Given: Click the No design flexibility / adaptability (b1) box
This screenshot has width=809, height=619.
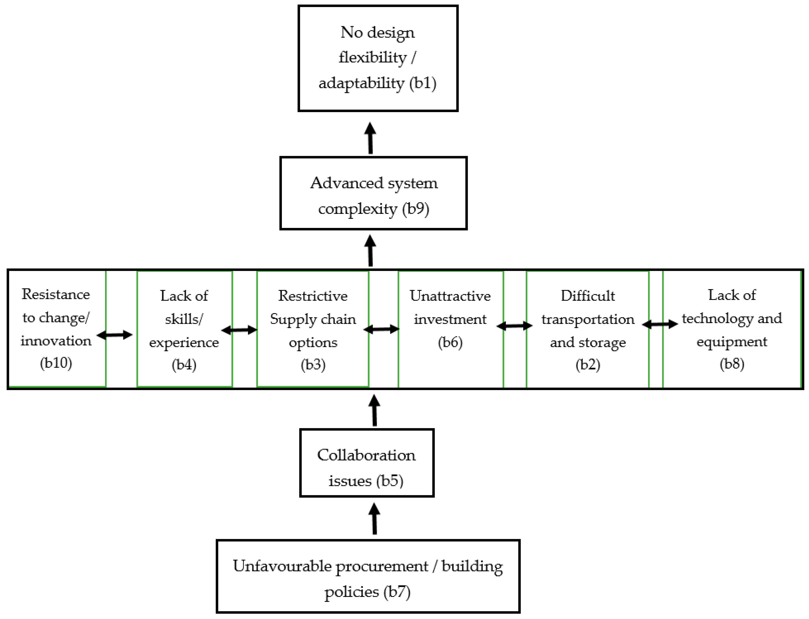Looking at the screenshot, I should click(378, 58).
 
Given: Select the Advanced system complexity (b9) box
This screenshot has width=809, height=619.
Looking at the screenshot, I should click(373, 193).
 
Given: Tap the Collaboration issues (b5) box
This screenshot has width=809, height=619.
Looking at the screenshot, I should click(367, 463).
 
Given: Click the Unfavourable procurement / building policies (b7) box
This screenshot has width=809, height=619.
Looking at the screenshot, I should click(368, 576).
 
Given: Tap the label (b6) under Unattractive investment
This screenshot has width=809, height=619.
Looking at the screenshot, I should click(450, 342).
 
